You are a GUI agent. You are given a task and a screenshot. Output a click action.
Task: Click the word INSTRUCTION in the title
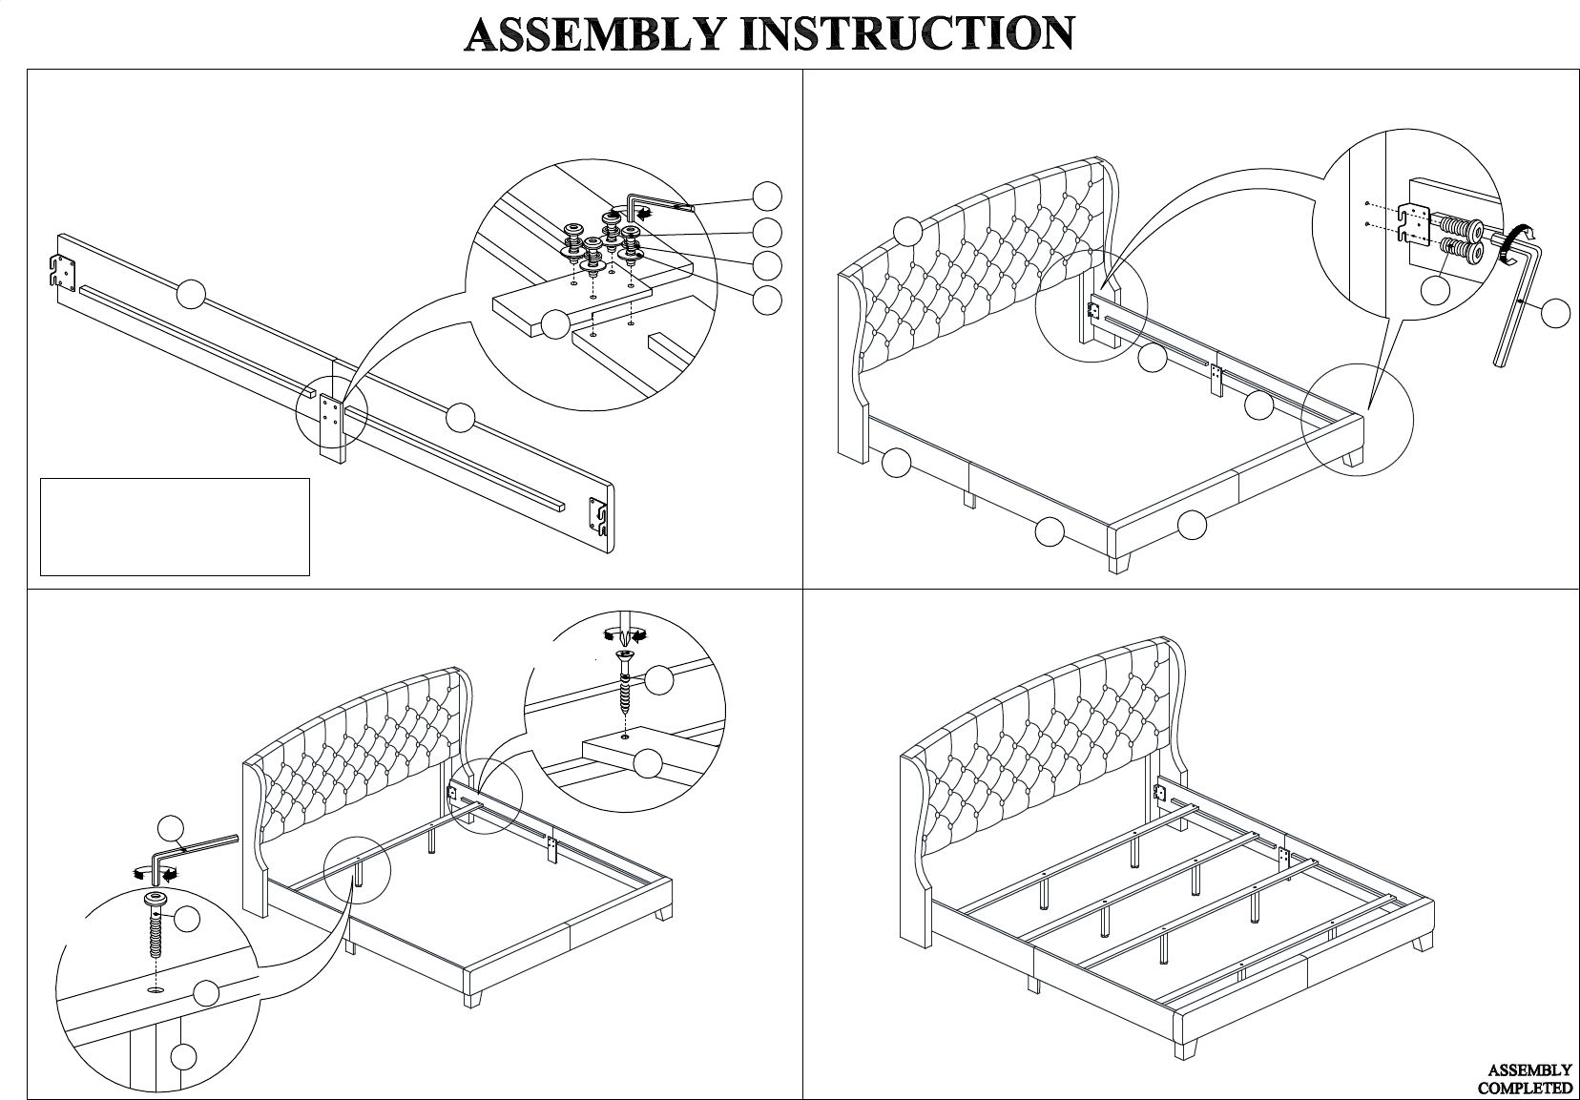pyautogui.click(x=908, y=33)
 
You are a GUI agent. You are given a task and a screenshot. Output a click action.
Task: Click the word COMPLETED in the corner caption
pyautogui.click(x=1526, y=1088)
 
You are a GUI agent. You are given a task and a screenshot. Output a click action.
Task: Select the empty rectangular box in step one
pyautogui.click(x=175, y=527)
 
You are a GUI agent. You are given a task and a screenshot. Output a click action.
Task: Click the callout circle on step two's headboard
pyautogui.click(x=907, y=231)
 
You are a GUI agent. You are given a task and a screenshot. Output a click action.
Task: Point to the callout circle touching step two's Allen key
pyautogui.click(x=1555, y=313)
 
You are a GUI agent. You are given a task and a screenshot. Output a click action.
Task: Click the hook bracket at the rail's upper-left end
pyautogui.click(x=62, y=271)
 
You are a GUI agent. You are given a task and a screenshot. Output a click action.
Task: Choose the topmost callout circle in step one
pyautogui.click(x=767, y=196)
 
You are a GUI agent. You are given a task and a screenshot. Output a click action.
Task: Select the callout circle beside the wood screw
pyautogui.click(x=659, y=680)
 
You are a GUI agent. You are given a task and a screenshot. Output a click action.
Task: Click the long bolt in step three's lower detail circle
pyautogui.click(x=154, y=925)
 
